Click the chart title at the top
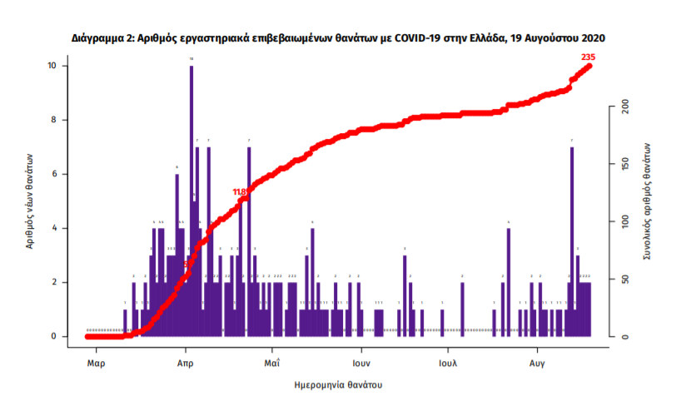(338, 38)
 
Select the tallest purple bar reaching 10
(191, 200)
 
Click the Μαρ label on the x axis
(96, 364)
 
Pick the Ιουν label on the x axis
(360, 364)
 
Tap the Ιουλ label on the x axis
(447, 364)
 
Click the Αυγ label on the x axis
(537, 364)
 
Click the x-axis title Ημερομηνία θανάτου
(339, 386)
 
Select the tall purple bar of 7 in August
(572, 241)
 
